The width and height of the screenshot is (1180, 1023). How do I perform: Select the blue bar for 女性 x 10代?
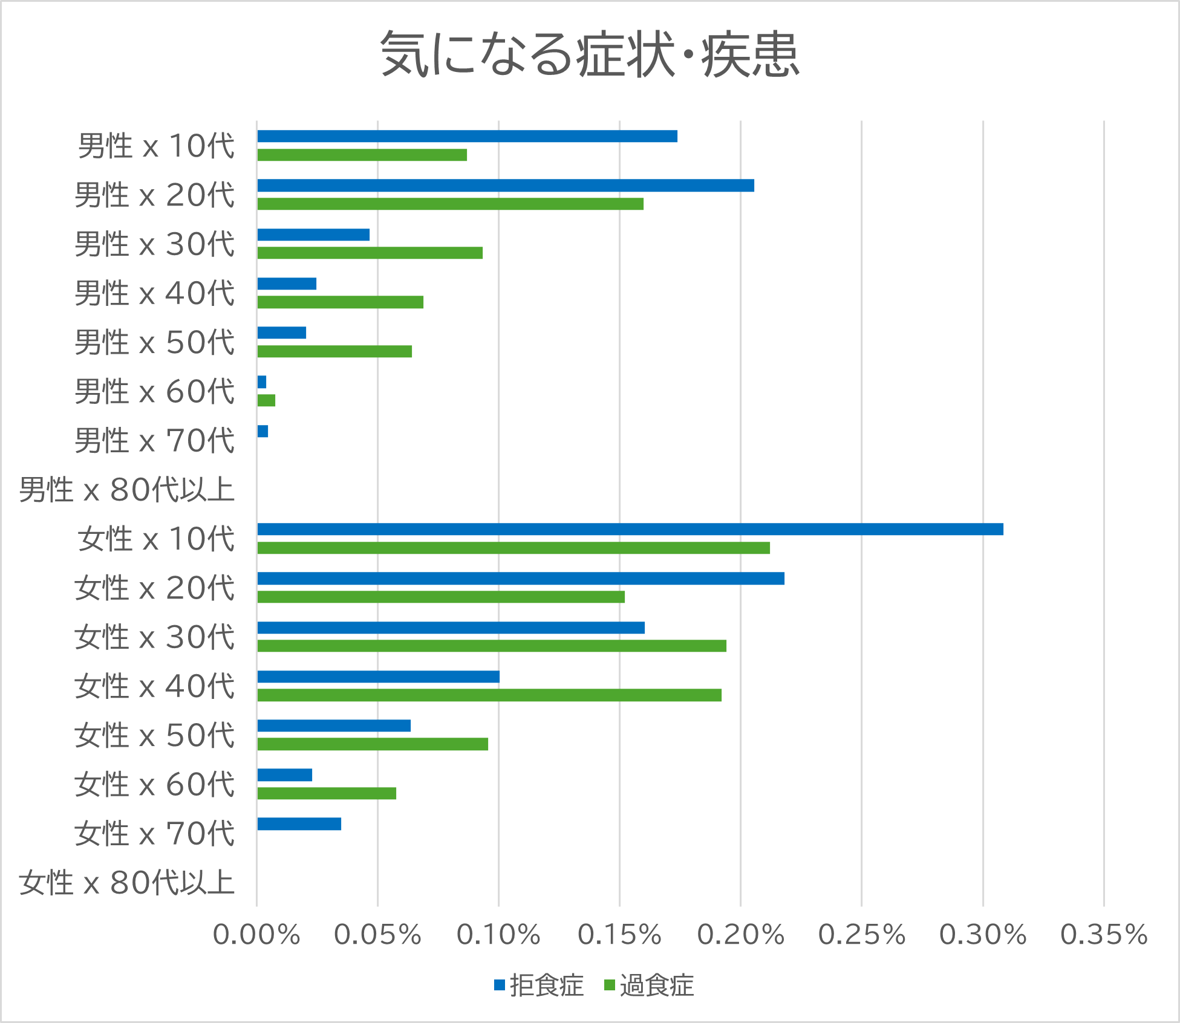pos(630,529)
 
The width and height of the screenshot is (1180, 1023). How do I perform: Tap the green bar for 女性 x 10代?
pos(513,548)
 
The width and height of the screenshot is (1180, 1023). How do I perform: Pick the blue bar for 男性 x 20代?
pos(505,185)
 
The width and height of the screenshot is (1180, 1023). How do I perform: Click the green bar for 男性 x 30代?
pos(370,253)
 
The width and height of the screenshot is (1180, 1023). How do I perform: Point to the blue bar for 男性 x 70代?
pos(262,431)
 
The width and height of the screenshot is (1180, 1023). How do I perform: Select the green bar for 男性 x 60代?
pos(266,400)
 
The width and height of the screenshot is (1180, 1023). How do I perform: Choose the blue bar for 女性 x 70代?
pos(299,823)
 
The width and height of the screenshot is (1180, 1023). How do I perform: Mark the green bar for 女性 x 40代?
pos(489,695)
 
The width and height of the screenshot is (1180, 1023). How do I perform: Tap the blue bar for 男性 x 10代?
pos(467,136)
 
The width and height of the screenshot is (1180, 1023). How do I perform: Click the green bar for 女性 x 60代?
pos(327,793)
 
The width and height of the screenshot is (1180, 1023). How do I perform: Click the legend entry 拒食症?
pos(539,986)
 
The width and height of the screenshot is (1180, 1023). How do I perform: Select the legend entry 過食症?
pos(649,986)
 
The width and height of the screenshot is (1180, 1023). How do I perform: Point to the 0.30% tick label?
pos(982,935)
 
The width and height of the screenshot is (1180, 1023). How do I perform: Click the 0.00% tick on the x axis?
pos(256,935)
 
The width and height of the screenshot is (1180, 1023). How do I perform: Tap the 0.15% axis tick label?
pos(619,935)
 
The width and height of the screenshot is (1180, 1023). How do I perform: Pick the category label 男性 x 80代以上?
pos(127,490)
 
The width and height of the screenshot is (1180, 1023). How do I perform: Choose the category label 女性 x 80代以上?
pos(127,883)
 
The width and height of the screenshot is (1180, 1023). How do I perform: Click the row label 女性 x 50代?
pos(154,735)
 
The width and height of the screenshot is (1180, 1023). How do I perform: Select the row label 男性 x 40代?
pos(154,293)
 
